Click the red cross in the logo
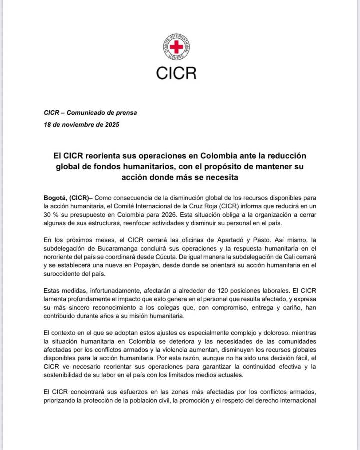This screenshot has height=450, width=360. pyautogui.click(x=176, y=48)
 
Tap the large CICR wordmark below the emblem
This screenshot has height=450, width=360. pyautogui.click(x=176, y=73)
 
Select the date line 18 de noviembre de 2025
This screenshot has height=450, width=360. pyautogui.click(x=82, y=125)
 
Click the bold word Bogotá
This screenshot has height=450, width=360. pyautogui.click(x=55, y=198)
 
